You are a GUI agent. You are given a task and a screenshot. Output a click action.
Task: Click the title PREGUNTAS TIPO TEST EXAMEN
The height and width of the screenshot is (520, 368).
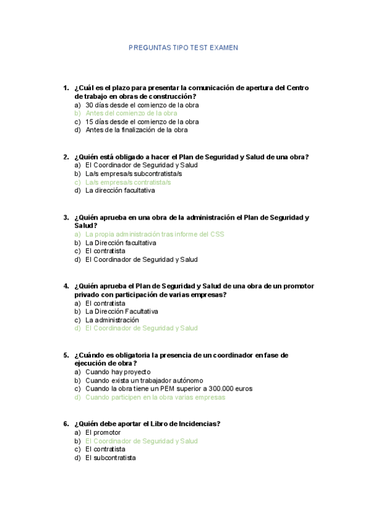183,47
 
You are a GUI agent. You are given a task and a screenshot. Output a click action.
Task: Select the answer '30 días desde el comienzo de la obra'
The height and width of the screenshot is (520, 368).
142,105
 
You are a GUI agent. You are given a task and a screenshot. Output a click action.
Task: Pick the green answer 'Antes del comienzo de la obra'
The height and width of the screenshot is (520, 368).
131,113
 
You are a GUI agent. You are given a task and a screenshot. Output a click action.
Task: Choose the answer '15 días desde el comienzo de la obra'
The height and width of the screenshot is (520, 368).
142,121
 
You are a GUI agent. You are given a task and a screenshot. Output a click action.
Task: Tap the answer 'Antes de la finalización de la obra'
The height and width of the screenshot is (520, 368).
136,130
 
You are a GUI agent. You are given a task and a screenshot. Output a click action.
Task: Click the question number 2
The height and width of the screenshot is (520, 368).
66,157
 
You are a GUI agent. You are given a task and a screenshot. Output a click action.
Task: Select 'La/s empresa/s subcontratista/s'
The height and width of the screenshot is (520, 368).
133,174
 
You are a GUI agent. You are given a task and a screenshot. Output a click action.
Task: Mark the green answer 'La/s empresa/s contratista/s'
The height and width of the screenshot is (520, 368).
128,182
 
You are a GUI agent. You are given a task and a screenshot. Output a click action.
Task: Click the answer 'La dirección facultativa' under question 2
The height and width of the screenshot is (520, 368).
120,190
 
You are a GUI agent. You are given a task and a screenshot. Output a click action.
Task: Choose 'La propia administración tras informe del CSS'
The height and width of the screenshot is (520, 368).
155,234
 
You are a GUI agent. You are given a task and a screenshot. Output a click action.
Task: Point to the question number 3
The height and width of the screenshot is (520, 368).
66,217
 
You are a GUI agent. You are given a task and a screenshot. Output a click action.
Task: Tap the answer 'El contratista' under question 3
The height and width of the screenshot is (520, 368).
105,251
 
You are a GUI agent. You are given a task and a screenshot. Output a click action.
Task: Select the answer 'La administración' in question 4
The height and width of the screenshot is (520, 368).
112,320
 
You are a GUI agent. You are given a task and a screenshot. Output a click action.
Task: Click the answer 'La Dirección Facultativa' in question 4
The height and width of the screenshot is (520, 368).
122,312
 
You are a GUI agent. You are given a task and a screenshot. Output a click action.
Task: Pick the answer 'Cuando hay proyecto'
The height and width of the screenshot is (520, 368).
118,372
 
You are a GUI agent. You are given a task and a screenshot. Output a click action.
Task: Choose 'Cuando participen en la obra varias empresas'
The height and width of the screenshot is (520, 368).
155,397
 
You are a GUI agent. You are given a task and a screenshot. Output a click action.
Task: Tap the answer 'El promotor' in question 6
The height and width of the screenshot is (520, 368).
103,432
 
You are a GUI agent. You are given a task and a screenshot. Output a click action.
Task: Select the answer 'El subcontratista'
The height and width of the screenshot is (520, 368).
111,457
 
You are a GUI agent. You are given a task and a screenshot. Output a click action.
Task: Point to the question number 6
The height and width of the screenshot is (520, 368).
66,424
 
